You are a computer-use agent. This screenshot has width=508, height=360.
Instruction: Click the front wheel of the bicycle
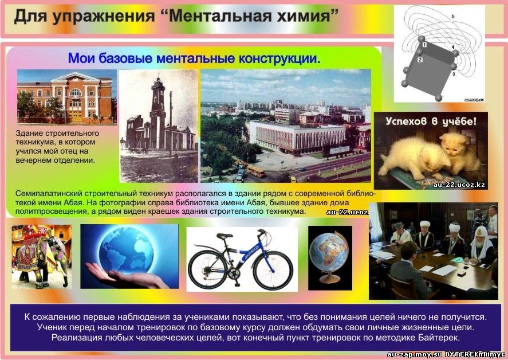click(273, 271)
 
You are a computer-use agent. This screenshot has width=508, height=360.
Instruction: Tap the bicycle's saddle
click(225, 236)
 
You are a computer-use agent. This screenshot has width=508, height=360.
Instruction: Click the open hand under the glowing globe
click(127, 276)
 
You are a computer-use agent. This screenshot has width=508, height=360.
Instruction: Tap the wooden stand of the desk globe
click(329, 278)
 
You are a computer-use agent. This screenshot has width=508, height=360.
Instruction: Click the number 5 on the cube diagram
click(453, 16)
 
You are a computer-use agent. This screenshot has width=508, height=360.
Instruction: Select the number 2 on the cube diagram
click(420, 60)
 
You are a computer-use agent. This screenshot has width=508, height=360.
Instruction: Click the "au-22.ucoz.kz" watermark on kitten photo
click(459, 185)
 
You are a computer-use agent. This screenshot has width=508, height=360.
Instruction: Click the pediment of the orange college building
click(75, 79)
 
